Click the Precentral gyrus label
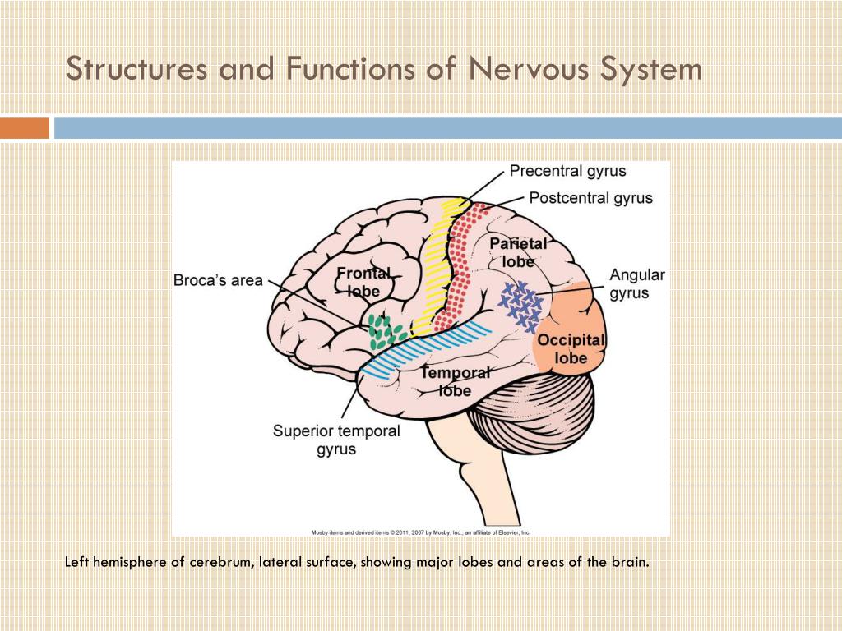pos(567,171)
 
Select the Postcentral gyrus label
pos(590,198)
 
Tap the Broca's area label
pos(218,280)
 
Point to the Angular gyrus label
pos(636,284)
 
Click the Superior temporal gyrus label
pos(336,440)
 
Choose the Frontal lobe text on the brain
pos(363,282)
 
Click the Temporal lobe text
pos(455,381)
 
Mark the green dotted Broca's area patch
pos(384,331)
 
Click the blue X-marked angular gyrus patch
pos(521,306)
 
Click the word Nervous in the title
pos(530,68)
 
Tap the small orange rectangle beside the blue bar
pos(24,128)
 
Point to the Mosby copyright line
pos(420,532)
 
